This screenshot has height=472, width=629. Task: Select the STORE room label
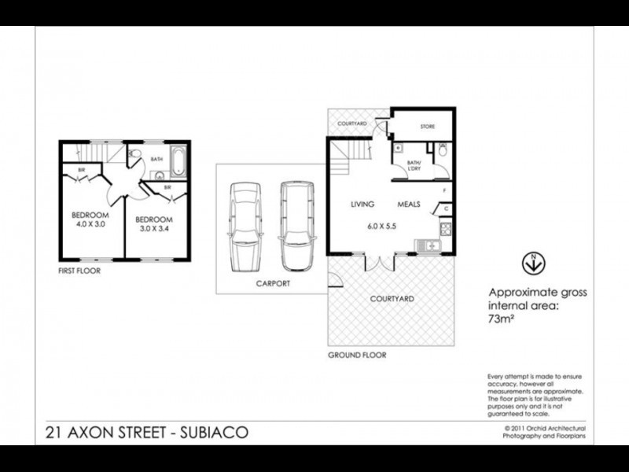[x=427, y=126]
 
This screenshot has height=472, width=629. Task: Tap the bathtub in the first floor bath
[x=178, y=162]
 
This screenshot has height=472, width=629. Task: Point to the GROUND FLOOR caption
[x=357, y=355]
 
